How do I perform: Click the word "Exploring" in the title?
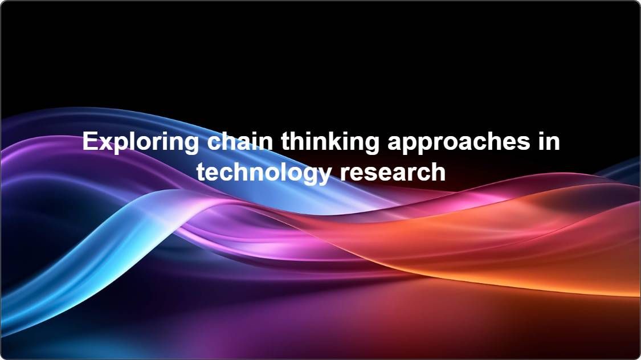(140, 142)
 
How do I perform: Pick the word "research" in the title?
(393, 172)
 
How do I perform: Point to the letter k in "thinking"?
(333, 141)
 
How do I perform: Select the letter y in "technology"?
(325, 175)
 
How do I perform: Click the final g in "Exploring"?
(191, 145)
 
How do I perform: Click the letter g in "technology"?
(312, 175)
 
